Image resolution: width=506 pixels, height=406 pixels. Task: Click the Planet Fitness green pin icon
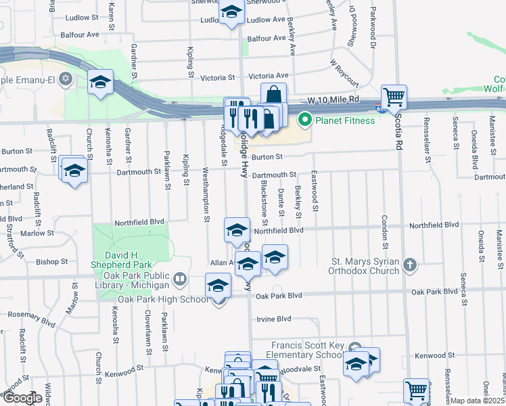304,121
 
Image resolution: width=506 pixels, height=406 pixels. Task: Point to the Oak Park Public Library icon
180,278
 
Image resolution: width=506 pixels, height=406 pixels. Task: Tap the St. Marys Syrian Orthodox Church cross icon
409,265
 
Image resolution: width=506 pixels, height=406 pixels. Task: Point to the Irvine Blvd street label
273,319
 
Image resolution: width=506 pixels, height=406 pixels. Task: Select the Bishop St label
52,261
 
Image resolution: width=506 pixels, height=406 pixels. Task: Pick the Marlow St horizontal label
37,233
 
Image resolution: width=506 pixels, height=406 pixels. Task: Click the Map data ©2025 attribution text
477,401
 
